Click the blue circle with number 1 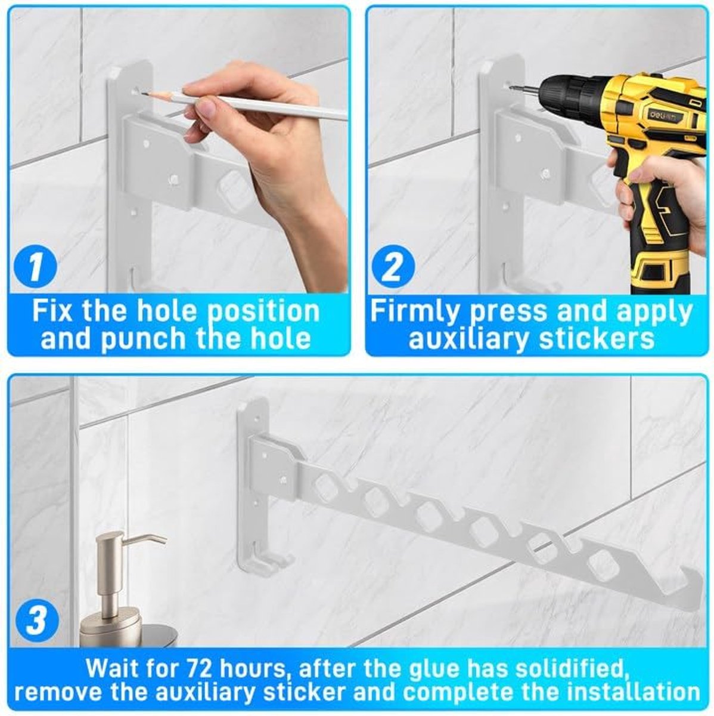click(36, 267)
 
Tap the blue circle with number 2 click(392, 267)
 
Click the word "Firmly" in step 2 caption click(417, 311)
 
